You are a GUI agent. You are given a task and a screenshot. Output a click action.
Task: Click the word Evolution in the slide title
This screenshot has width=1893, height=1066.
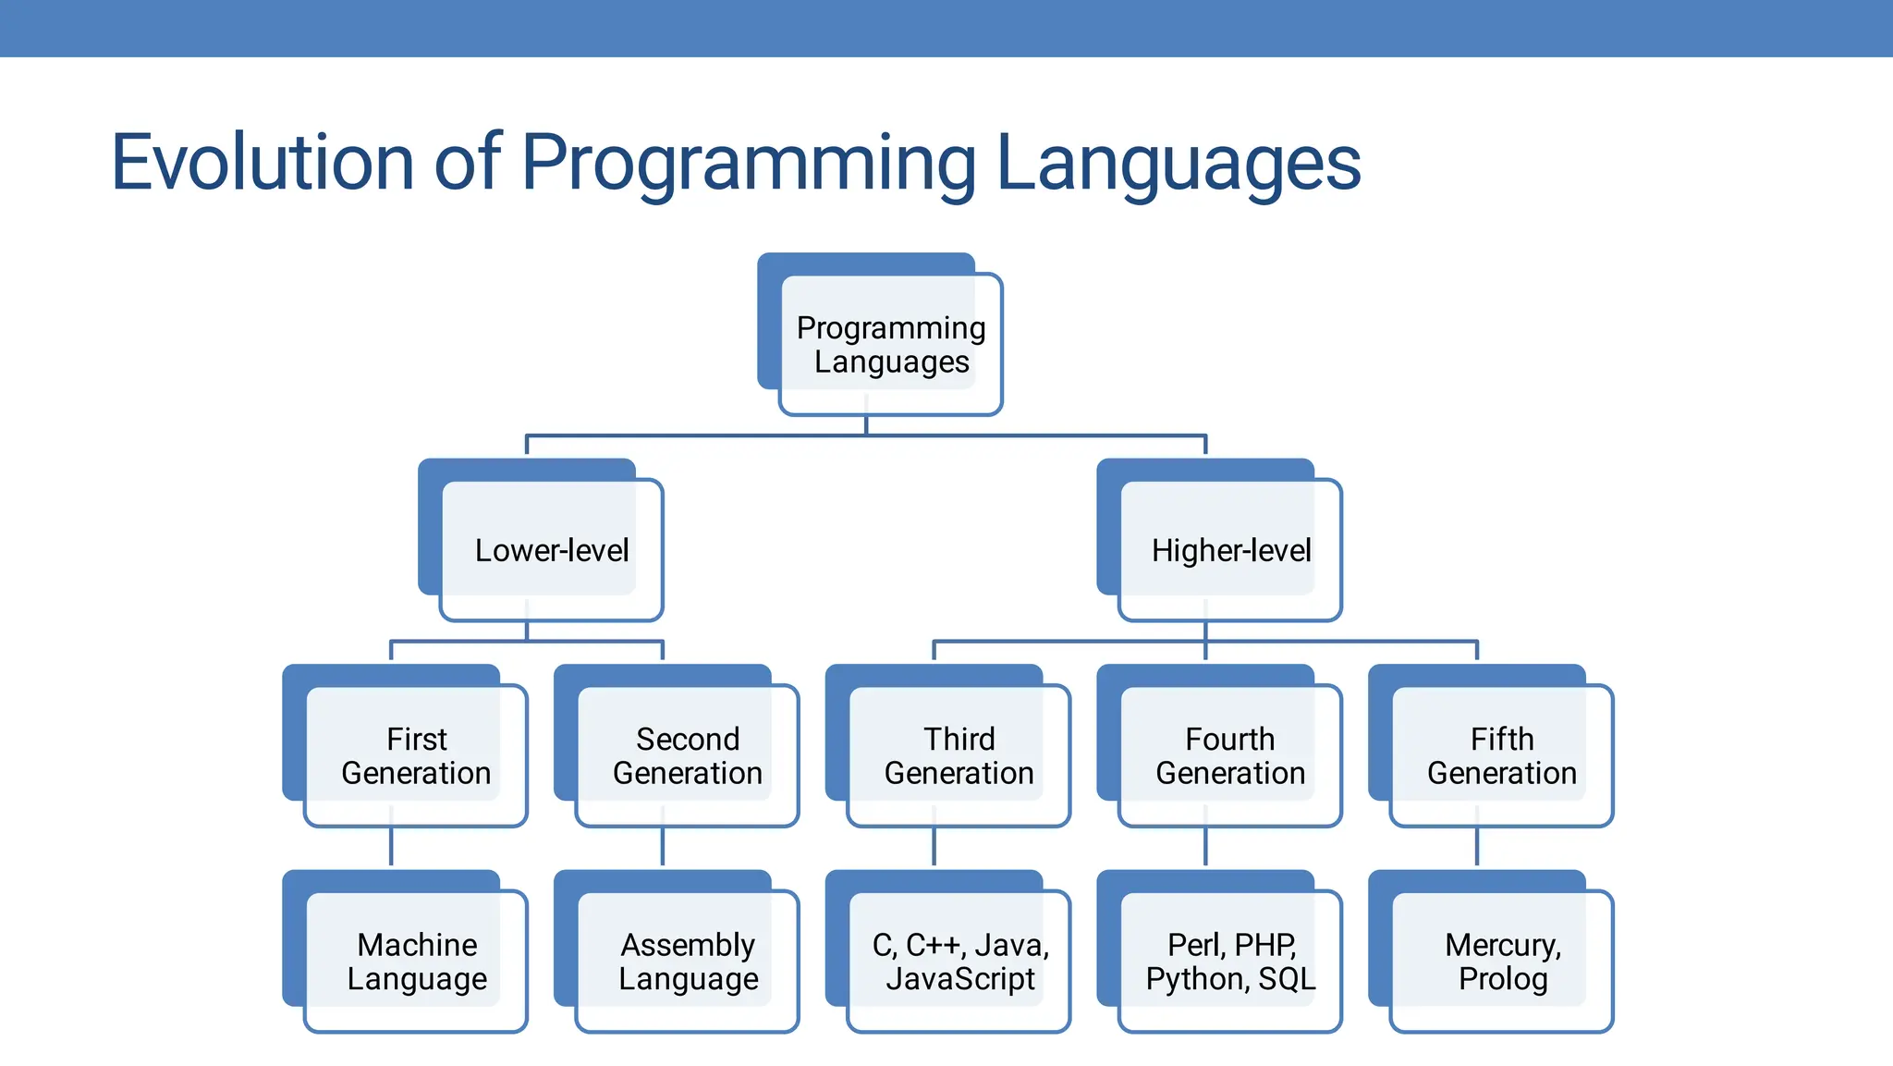(262, 163)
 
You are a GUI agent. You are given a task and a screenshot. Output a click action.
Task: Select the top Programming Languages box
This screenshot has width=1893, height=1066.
(890, 344)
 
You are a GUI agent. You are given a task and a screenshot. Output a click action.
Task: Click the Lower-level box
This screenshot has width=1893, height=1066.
(551, 550)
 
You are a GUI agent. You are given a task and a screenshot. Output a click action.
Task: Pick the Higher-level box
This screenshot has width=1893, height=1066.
(1229, 550)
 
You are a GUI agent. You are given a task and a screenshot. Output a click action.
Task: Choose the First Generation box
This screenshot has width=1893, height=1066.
(416, 755)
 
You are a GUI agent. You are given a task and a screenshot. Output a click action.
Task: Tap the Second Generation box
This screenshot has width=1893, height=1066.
(687, 755)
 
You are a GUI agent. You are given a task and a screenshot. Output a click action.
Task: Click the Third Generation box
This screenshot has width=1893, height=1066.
(959, 755)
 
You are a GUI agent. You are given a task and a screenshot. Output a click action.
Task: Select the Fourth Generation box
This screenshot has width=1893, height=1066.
(1229, 755)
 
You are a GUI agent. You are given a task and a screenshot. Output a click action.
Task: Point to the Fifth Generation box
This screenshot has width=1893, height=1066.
(1501, 755)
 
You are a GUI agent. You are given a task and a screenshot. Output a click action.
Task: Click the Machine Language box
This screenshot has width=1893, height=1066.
(416, 961)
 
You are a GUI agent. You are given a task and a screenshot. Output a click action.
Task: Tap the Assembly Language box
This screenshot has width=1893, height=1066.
(687, 961)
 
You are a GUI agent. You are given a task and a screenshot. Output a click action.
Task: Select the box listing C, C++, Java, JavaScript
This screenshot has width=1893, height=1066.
(959, 961)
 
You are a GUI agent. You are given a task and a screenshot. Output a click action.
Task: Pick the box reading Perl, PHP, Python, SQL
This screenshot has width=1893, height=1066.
(1229, 961)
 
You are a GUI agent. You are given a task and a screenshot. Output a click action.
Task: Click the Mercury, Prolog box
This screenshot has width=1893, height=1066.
(1501, 961)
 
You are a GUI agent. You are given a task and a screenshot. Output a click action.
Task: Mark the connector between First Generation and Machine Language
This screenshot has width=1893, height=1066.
(391, 846)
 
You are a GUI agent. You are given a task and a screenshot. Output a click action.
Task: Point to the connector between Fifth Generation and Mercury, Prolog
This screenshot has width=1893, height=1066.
(1477, 846)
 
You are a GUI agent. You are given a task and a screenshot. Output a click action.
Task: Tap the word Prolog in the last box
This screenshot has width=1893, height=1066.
(1503, 979)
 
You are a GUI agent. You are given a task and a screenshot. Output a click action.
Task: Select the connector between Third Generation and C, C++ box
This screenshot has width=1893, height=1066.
(934, 846)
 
